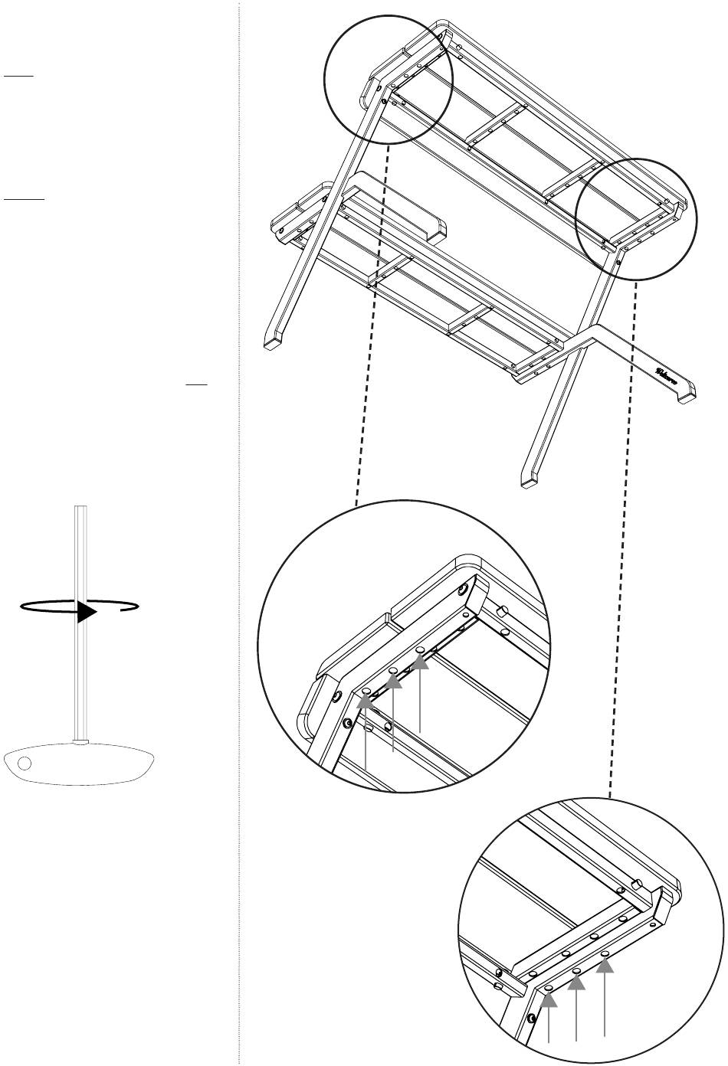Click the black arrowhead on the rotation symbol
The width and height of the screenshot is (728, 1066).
click(87, 612)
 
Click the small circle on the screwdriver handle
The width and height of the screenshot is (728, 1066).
click(25, 763)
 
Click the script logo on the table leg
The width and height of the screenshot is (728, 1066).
click(664, 374)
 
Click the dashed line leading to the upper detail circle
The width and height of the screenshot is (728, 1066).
click(373, 322)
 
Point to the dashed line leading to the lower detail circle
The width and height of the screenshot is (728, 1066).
click(623, 536)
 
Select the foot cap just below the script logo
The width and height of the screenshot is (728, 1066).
click(684, 397)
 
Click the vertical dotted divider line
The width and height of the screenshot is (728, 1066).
click(239, 536)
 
